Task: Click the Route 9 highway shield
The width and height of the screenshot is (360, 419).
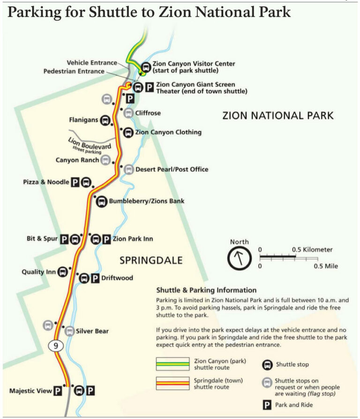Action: (55, 346)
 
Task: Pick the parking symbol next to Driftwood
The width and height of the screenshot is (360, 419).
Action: (95, 278)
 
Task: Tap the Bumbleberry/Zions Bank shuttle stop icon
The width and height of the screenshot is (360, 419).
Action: (101, 202)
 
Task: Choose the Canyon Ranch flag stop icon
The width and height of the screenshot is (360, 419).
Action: (106, 160)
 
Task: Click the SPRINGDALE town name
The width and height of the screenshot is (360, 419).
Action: (150, 261)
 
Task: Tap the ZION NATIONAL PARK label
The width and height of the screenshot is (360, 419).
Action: (278, 115)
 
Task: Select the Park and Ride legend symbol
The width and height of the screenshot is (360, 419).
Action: (268, 404)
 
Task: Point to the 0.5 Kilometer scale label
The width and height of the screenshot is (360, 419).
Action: (312, 250)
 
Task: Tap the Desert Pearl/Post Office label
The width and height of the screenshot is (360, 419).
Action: (172, 169)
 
